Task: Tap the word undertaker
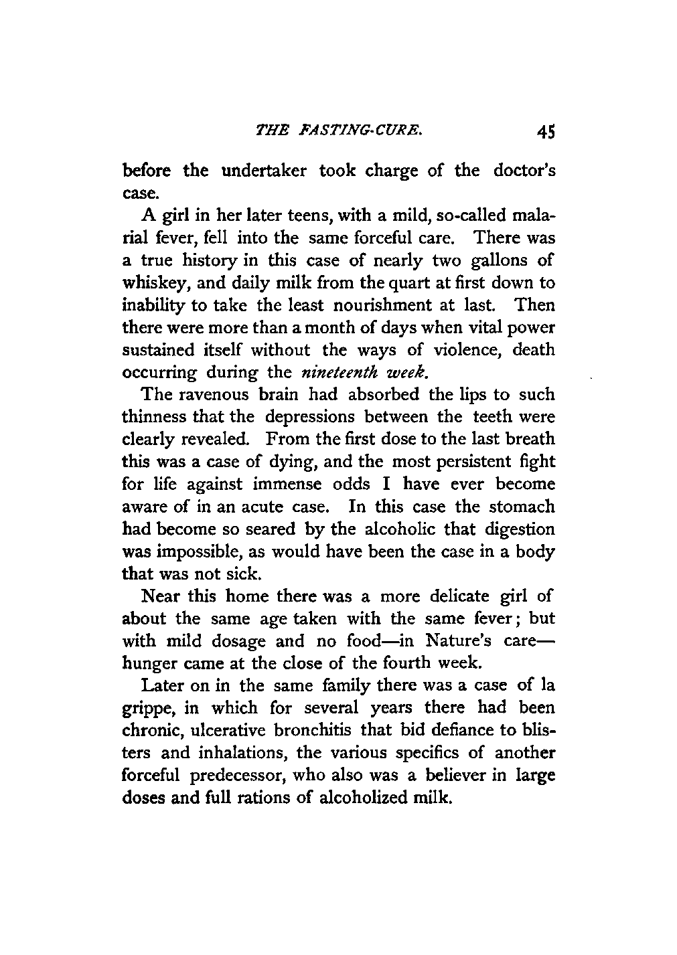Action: (258, 171)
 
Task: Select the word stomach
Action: (522, 507)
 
